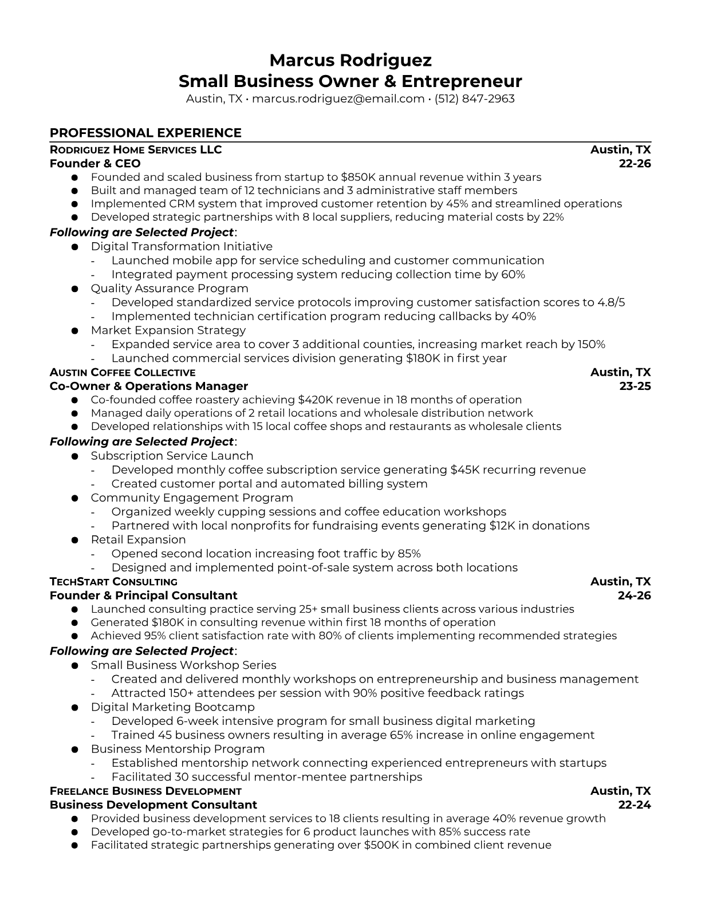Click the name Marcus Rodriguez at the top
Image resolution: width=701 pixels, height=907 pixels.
tap(350, 60)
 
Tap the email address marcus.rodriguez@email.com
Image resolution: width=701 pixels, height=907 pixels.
tap(338, 98)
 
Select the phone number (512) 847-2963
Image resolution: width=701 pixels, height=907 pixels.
tap(474, 98)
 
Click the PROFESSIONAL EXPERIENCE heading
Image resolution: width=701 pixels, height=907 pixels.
tap(145, 133)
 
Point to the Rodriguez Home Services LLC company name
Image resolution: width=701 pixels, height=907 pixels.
tap(136, 150)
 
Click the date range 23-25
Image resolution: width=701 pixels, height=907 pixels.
tap(635, 386)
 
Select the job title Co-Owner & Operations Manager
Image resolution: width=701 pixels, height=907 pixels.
tap(149, 386)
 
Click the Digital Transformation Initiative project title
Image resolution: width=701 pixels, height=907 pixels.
tap(182, 246)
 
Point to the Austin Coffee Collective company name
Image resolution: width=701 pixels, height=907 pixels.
tap(123, 372)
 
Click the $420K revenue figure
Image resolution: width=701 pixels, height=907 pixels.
tap(314, 400)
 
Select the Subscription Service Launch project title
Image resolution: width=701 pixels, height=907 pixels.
tap(172, 456)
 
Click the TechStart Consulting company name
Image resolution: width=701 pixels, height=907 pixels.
tap(113, 582)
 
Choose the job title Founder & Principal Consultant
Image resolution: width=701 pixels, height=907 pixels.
tap(144, 596)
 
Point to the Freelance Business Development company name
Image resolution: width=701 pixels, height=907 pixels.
tap(145, 791)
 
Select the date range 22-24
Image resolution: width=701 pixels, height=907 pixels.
tap(635, 805)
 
